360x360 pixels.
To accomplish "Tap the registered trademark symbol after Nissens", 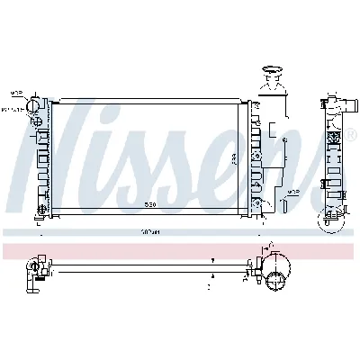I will [337, 134].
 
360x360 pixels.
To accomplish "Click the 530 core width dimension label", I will [153, 203].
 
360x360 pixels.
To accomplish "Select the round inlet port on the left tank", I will [35, 104].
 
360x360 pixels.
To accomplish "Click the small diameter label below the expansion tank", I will [292, 192].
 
